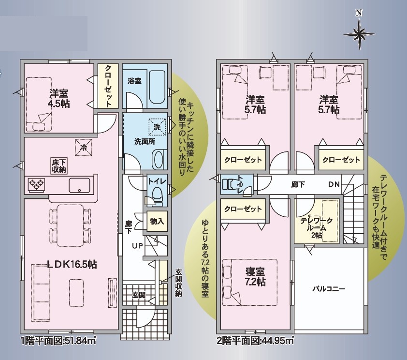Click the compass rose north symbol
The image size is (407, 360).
tap(359, 30)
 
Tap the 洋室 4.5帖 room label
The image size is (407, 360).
tap(58, 98)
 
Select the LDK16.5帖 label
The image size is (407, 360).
tap(72, 265)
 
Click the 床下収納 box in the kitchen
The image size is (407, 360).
tap(59, 166)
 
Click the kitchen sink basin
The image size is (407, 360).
tap(79, 185)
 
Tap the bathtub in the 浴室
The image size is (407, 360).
tap(157, 87)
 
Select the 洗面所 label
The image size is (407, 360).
tap(145, 142)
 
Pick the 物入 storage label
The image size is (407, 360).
tap(157, 221)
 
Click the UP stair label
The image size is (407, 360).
tap(137, 245)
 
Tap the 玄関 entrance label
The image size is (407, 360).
tap(139, 295)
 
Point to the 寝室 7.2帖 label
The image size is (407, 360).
tap(255, 277)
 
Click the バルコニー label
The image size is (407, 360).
tap(329, 289)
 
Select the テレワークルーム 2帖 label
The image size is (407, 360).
tap(317, 228)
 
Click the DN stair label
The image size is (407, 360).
tap(334, 184)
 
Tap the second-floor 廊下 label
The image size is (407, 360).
tap(298, 185)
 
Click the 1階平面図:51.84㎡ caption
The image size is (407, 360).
tap(58, 341)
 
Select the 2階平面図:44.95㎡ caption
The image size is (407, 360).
tap(255, 341)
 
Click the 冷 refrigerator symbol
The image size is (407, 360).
tap(84, 148)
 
